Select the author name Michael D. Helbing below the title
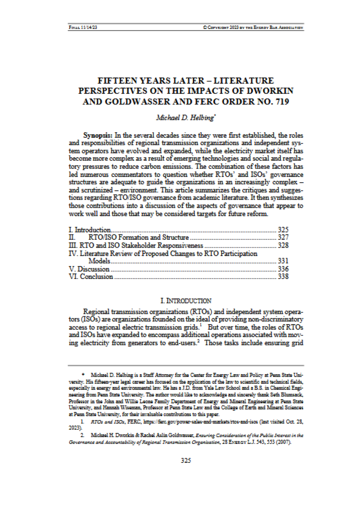(185, 118)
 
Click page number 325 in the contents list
(283, 230)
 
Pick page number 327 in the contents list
(283, 237)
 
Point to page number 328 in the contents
(283, 245)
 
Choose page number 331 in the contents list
(283, 261)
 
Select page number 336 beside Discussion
(283, 269)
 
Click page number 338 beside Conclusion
(283, 276)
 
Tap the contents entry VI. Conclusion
(91, 276)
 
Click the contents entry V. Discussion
(89, 269)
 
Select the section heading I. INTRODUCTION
(185, 301)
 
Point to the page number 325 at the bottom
(185, 460)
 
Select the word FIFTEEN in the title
(115, 81)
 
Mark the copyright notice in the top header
(253, 27)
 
